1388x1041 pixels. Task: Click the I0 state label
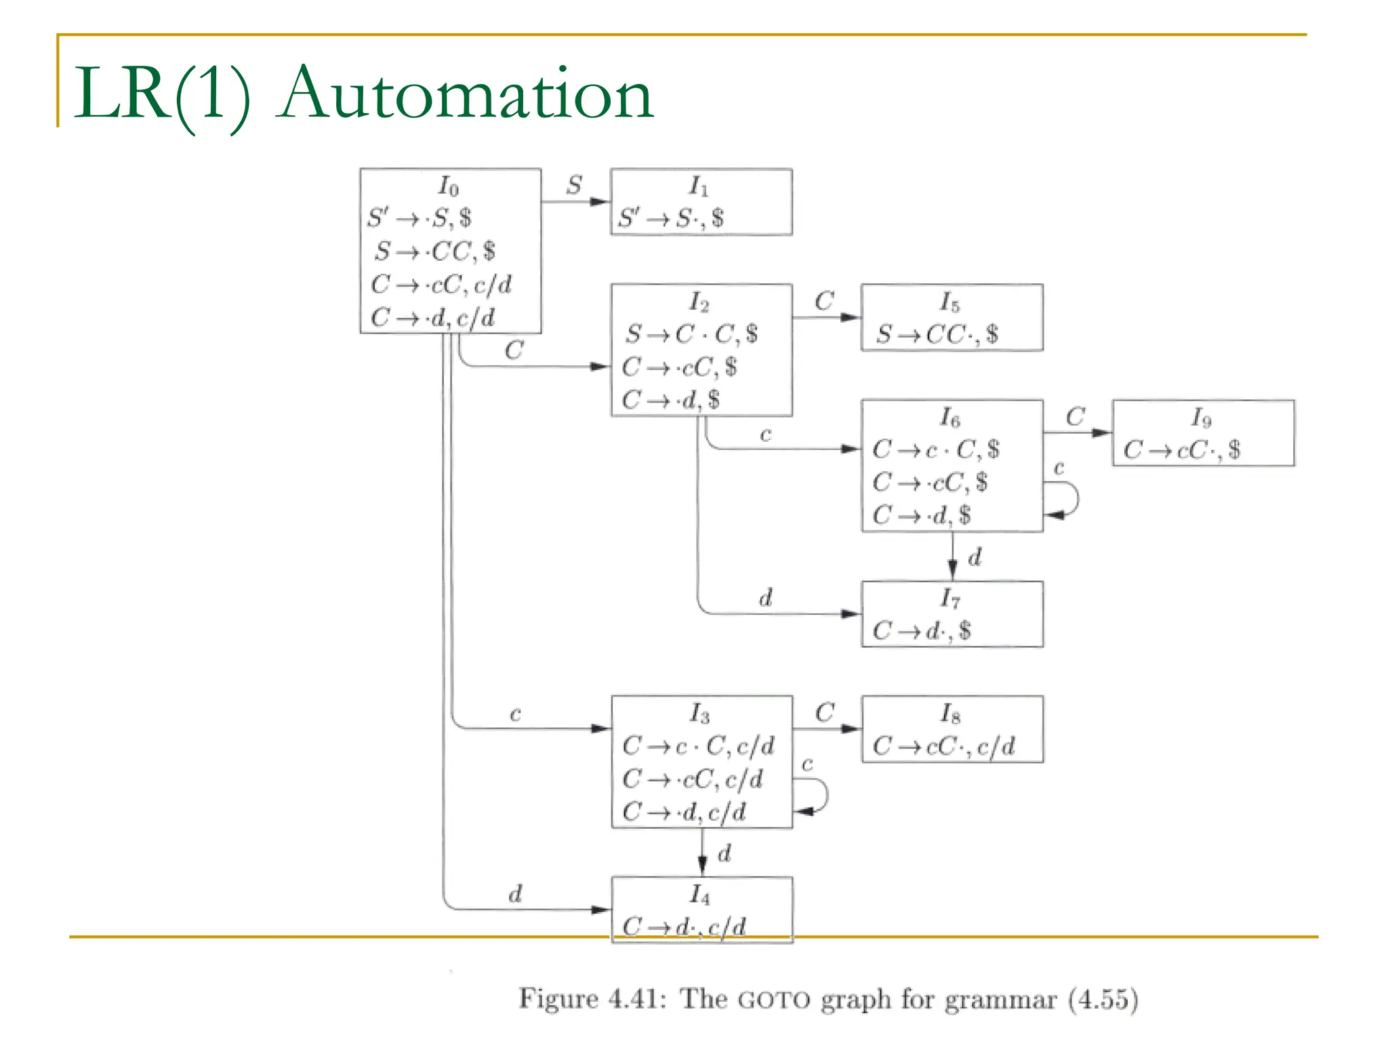[449, 186]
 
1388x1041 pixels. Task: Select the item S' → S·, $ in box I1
[671, 218]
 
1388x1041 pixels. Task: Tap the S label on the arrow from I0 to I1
[574, 184]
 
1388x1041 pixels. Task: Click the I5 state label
[950, 302]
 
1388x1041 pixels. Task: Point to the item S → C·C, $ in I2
[691, 333]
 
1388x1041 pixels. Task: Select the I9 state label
[1201, 417]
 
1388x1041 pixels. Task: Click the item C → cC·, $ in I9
[1182, 449]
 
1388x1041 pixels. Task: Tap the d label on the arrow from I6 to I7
[975, 558]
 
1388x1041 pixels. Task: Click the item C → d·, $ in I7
[922, 631]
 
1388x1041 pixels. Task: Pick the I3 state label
[699, 713]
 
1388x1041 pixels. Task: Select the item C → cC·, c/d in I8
[943, 746]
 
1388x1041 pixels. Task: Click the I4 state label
[700, 895]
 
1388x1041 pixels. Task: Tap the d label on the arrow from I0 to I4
[515, 894]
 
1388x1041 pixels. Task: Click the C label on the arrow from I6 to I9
[1075, 416]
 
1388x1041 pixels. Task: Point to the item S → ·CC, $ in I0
[435, 251]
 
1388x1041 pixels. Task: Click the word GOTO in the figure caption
[774, 1000]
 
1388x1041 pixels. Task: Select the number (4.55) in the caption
[1103, 1000]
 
